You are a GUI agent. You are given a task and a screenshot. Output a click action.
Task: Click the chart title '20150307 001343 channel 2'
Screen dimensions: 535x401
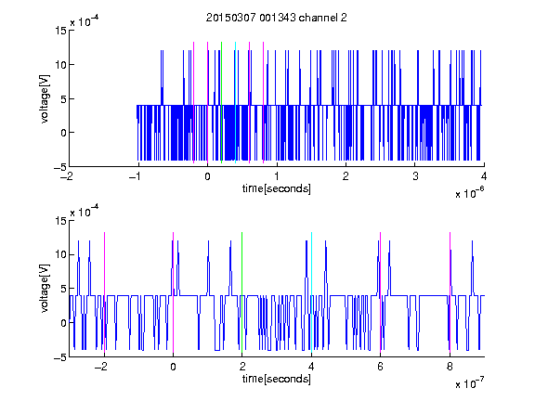pyautogui.click(x=277, y=18)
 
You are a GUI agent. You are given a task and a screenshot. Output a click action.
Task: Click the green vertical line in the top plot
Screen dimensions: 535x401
pyautogui.click(x=221, y=102)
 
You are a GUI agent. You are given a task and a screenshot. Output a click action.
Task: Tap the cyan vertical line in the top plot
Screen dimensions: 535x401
pyautogui.click(x=235, y=102)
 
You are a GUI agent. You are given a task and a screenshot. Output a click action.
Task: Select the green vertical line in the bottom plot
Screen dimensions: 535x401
pyautogui.click(x=241, y=292)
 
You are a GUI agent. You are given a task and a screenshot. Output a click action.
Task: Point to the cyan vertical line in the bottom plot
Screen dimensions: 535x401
pyautogui.click(x=311, y=292)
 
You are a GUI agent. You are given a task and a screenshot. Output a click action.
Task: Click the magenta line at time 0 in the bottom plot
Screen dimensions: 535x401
pyautogui.click(x=173, y=292)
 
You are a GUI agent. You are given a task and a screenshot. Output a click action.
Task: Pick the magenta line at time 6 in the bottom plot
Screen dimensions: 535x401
pyautogui.click(x=381, y=292)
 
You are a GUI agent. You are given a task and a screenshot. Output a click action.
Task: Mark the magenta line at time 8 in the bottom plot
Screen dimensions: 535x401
pyautogui.click(x=450, y=292)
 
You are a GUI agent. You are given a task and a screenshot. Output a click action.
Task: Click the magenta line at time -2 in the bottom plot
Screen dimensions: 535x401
pyautogui.click(x=104, y=292)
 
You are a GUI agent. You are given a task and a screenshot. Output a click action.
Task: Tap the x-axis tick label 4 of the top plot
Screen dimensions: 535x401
pyautogui.click(x=484, y=176)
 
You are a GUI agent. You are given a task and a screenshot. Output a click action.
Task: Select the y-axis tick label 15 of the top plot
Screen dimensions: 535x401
pyautogui.click(x=60, y=31)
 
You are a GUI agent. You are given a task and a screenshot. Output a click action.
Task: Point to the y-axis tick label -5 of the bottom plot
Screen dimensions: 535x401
pyautogui.click(x=60, y=357)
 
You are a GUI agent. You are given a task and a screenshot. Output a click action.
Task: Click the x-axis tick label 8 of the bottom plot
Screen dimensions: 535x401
pyautogui.click(x=450, y=367)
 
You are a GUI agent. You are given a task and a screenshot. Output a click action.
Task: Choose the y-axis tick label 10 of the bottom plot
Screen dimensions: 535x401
pyautogui.click(x=60, y=254)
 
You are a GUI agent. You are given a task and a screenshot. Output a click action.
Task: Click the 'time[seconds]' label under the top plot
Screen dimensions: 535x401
pyautogui.click(x=277, y=188)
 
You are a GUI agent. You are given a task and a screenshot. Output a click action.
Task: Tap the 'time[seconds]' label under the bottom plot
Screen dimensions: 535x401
pyautogui.click(x=277, y=379)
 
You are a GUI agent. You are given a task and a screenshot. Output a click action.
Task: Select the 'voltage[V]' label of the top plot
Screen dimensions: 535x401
pyautogui.click(x=45, y=99)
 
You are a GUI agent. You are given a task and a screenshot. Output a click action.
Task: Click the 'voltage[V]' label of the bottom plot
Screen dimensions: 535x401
pyautogui.click(x=45, y=289)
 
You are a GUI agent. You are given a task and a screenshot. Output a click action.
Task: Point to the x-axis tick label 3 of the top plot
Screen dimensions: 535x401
pyautogui.click(x=415, y=176)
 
